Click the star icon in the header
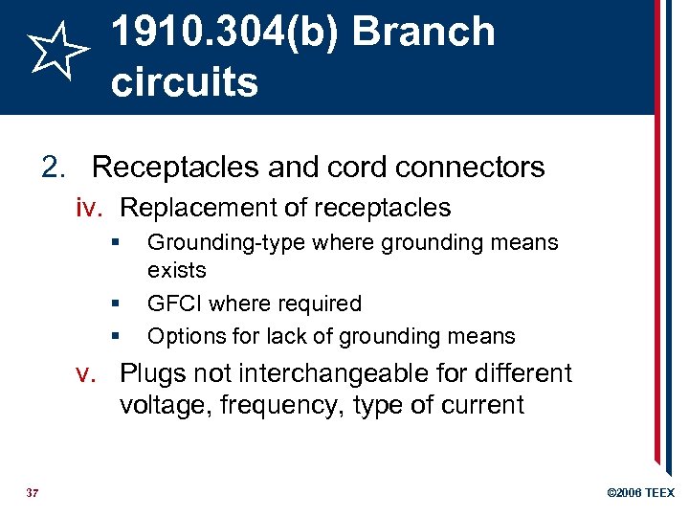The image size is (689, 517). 56,53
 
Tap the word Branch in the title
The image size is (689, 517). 423,32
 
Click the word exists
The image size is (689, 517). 176,270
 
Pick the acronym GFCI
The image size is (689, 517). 174,303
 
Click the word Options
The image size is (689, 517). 181,336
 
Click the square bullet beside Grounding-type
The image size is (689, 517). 114,243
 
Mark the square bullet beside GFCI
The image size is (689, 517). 114,303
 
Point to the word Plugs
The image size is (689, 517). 151,373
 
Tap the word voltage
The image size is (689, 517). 164,405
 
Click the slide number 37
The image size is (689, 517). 32,492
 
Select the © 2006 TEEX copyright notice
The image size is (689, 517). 641,492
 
